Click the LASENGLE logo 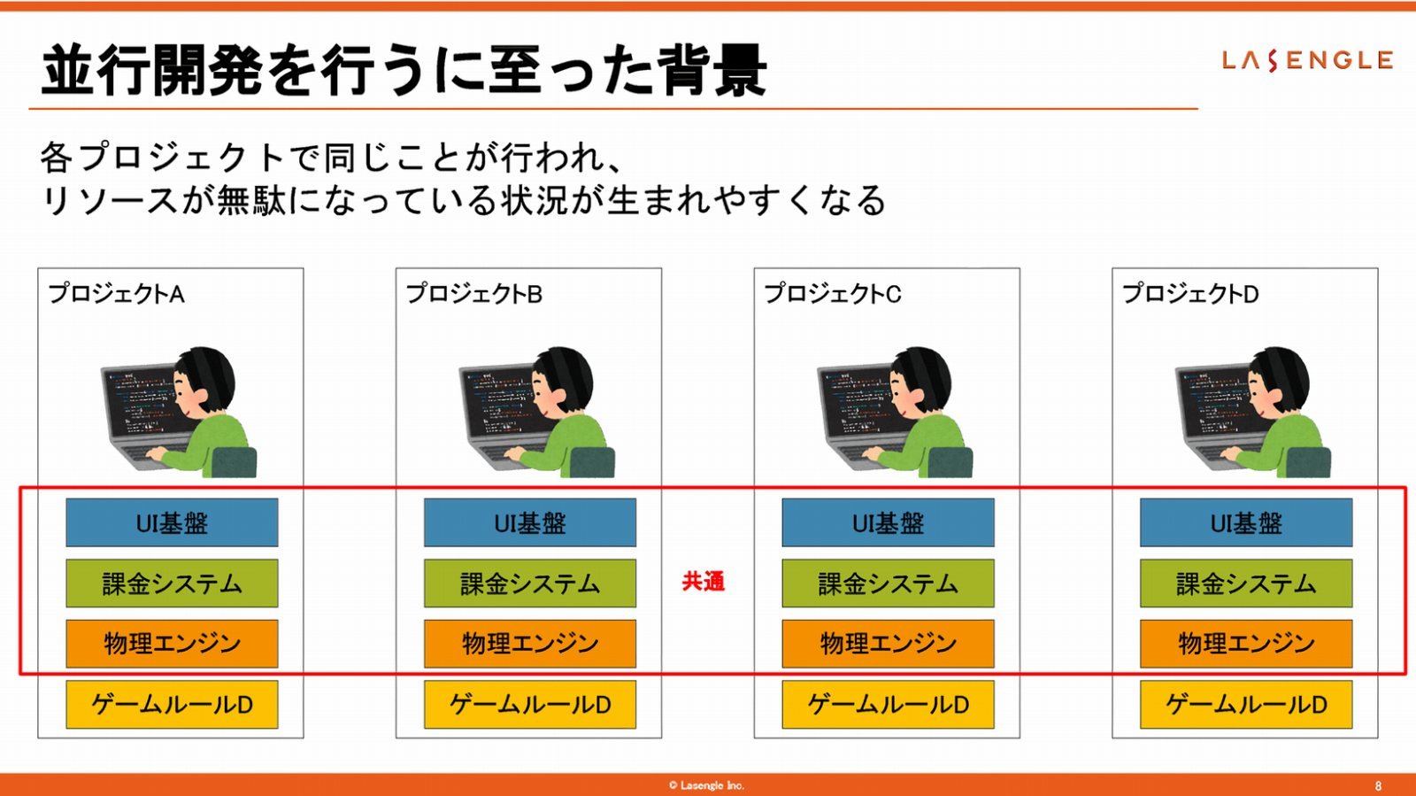click(x=1307, y=61)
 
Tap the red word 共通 click(x=704, y=581)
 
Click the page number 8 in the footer click(x=1379, y=786)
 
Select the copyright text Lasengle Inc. click(x=707, y=785)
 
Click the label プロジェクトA click(x=116, y=294)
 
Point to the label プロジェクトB click(x=474, y=294)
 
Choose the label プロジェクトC click(x=833, y=294)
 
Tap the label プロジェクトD click(x=1190, y=294)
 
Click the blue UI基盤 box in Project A click(x=172, y=522)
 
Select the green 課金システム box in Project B click(x=530, y=583)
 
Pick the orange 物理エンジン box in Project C click(x=889, y=644)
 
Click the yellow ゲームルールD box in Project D click(x=1246, y=704)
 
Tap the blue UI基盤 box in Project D click(x=1246, y=522)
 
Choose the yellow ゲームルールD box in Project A click(x=172, y=704)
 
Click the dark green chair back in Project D click(x=1308, y=462)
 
